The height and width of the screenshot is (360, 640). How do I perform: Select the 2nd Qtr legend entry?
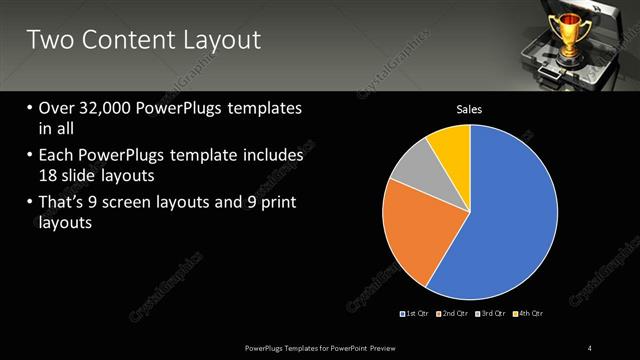(454, 314)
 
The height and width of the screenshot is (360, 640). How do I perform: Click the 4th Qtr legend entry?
(529, 314)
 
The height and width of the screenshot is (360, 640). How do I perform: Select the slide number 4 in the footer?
(590, 347)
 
